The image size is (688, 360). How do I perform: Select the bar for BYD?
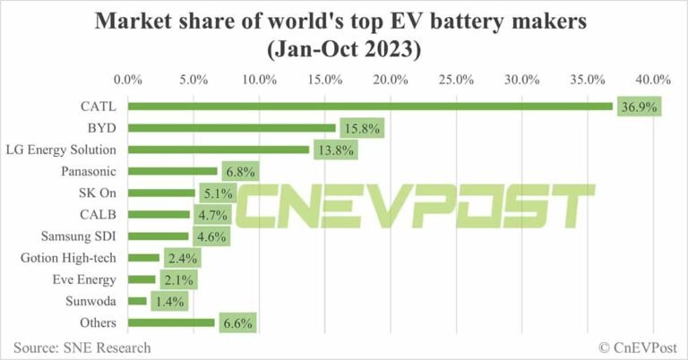[232, 128]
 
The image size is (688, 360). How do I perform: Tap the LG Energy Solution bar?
[219, 150]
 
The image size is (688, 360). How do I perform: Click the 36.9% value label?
[637, 107]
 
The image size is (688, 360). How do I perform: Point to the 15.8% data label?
[360, 128]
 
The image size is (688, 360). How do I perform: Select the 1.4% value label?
[170, 301]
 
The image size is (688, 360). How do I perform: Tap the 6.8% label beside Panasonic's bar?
[241, 171]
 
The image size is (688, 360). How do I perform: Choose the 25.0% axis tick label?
[457, 80]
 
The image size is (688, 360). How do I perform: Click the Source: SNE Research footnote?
[82, 347]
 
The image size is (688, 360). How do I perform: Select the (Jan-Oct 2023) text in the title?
[343, 48]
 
